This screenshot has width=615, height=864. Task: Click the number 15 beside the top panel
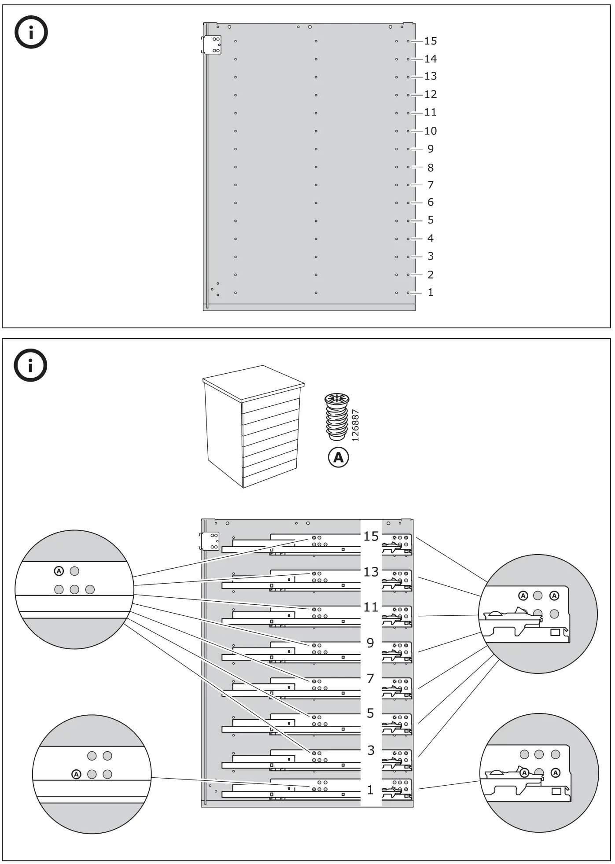pyautogui.click(x=430, y=41)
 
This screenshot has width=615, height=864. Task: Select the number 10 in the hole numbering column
pyautogui.click(x=430, y=131)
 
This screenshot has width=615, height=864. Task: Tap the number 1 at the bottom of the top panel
pyautogui.click(x=430, y=292)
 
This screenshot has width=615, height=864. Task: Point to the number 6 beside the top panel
pyautogui.click(x=430, y=202)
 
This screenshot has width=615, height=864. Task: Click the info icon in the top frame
pyautogui.click(x=31, y=33)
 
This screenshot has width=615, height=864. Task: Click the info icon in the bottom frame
pyautogui.click(x=31, y=365)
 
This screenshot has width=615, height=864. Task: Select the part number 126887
pyautogui.click(x=356, y=425)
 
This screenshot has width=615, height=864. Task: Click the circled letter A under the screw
pyautogui.click(x=338, y=458)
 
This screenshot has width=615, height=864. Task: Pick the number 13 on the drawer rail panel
pyautogui.click(x=371, y=572)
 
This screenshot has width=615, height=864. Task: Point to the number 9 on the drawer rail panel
pyautogui.click(x=370, y=643)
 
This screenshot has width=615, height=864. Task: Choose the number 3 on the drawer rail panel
pyautogui.click(x=371, y=750)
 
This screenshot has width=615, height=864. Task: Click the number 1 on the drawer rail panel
pyautogui.click(x=370, y=790)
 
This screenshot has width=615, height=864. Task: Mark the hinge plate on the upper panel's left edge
pyautogui.click(x=212, y=45)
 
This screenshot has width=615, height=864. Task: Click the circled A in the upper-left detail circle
pyautogui.click(x=59, y=571)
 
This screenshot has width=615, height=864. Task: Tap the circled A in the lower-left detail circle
pyautogui.click(x=76, y=774)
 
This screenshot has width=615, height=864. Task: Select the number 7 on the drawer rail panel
pyautogui.click(x=370, y=679)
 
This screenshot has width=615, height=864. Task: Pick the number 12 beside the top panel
pyautogui.click(x=430, y=94)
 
